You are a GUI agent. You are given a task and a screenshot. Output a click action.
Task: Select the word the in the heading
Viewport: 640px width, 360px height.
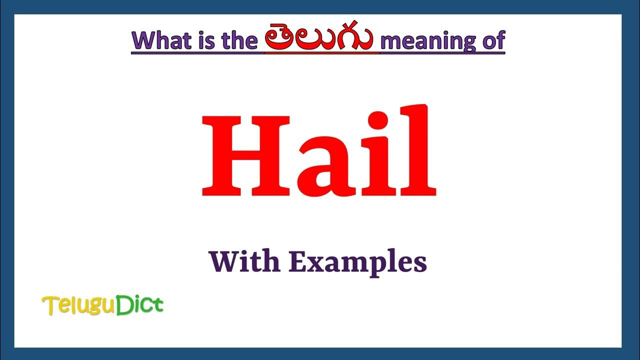[x=238, y=40]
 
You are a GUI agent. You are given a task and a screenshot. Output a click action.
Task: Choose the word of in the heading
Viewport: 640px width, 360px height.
[x=492, y=40]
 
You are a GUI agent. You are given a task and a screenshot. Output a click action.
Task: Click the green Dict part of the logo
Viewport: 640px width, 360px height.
[x=139, y=304]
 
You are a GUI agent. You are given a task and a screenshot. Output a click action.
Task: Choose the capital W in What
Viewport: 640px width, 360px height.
[x=145, y=40]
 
